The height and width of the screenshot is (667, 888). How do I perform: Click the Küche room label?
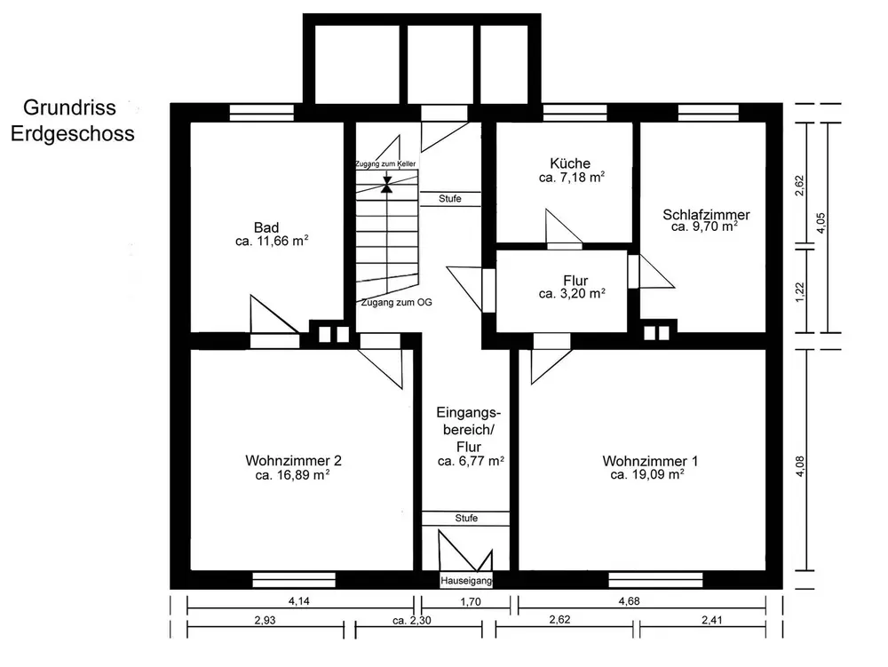pos(570,163)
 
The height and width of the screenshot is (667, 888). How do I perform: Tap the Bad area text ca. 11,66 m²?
pos(272,241)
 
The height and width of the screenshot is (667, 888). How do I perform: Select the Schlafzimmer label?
pos(706,215)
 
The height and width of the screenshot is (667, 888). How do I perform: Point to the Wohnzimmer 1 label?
pos(650,461)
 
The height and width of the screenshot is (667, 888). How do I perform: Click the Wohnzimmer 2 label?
pos(293,460)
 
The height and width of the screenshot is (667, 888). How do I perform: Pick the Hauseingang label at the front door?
pos(467,580)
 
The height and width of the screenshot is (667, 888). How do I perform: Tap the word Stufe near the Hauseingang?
pos(466,518)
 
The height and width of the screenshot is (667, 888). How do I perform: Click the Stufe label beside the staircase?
pos(449,199)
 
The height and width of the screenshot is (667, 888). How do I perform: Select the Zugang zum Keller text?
pos(385,163)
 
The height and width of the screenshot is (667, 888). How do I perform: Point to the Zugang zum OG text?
pos(396,302)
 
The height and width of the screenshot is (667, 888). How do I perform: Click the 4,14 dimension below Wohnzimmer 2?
pos(298,601)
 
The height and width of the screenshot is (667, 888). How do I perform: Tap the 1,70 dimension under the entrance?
pos(470,602)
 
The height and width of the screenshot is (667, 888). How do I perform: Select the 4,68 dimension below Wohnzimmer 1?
pos(629,601)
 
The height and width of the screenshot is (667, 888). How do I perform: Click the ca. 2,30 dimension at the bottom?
pos(412,621)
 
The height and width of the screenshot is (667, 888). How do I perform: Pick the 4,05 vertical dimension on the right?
pos(821,223)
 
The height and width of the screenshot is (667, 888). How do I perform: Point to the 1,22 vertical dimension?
pos(800,292)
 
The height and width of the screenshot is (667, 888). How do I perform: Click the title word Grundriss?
pos(69,107)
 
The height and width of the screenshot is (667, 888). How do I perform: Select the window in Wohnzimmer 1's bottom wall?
pos(656,580)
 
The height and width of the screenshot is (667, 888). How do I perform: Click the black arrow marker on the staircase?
pos(387,185)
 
